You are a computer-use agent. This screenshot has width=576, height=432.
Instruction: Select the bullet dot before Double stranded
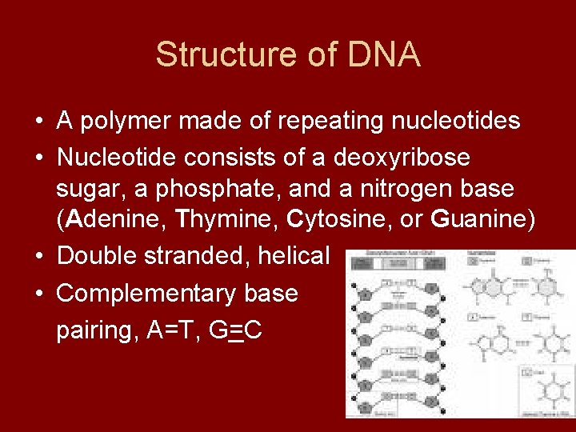pyautogui.click(x=38, y=256)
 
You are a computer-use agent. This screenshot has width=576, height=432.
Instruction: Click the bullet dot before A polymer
pyautogui.click(x=38, y=122)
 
